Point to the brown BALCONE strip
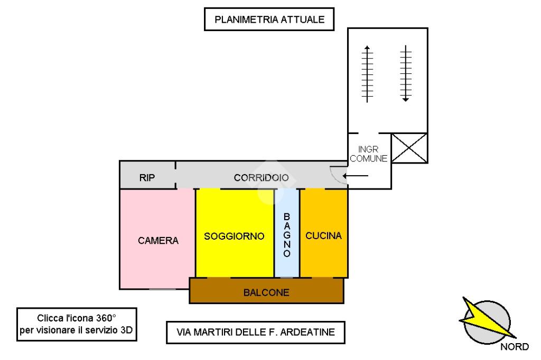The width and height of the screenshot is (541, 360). pyautogui.click(x=266, y=292)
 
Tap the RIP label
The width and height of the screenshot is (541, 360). pyautogui.click(x=147, y=177)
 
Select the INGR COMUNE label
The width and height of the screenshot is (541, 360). pyautogui.click(x=369, y=154)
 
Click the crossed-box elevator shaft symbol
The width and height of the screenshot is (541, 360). pyautogui.click(x=409, y=148)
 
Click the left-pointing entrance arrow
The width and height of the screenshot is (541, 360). pyautogui.click(x=356, y=175)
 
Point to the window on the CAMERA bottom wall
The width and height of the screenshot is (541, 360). pyautogui.click(x=162, y=289)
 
